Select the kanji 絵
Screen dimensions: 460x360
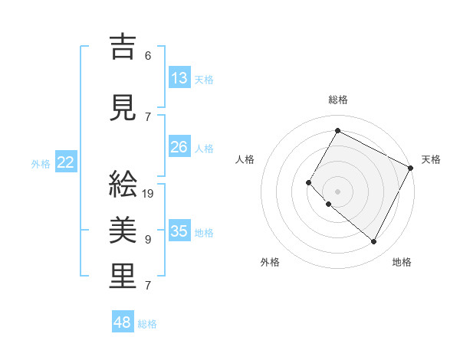[x=123, y=184]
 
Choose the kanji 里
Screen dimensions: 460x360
[x=123, y=276]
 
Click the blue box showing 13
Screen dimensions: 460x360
[x=179, y=77]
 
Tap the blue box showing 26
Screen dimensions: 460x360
[x=179, y=147]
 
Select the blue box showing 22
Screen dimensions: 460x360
[x=66, y=162]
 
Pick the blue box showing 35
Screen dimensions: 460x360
[x=179, y=231]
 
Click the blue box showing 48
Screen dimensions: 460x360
[x=123, y=322]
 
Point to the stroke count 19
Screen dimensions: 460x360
[x=148, y=193]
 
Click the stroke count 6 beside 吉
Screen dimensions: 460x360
[x=148, y=56]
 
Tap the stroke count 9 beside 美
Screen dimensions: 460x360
[x=148, y=240]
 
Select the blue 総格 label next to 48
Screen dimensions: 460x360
[x=147, y=324]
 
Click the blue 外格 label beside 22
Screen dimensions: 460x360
[x=40, y=163]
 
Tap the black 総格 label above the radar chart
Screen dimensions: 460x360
[x=337, y=100]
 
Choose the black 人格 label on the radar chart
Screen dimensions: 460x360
[x=245, y=159]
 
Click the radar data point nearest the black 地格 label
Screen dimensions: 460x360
[x=374, y=242]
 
